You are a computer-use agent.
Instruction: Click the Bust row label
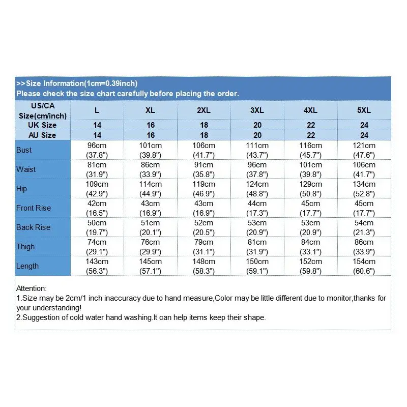click(x=24, y=150)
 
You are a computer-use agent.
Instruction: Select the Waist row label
click(x=26, y=169)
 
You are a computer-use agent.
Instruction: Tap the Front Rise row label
click(x=34, y=208)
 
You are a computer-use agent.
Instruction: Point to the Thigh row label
click(x=25, y=247)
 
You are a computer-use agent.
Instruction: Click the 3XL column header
click(x=257, y=110)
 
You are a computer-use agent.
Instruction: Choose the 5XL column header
click(x=364, y=110)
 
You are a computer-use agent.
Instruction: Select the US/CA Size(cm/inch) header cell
click(x=43, y=110)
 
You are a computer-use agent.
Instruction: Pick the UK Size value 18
click(x=203, y=125)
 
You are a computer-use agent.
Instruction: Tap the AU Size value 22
click(x=311, y=135)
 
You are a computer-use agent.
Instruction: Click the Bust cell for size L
click(x=97, y=150)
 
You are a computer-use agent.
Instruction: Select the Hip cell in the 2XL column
click(x=203, y=189)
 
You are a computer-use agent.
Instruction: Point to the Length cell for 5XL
click(x=364, y=266)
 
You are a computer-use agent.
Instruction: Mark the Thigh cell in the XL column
click(x=150, y=247)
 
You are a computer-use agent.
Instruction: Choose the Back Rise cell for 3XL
click(x=257, y=227)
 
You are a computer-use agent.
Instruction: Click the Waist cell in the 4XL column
click(x=311, y=169)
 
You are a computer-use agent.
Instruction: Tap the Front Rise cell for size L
click(x=97, y=208)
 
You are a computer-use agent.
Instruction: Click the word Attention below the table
click(x=32, y=288)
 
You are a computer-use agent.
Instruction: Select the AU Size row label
click(x=43, y=135)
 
